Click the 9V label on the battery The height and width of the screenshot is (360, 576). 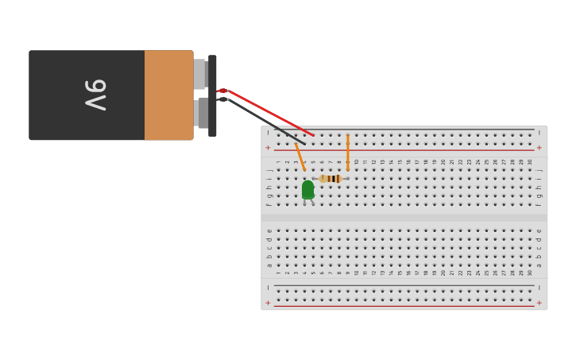(x=95, y=95)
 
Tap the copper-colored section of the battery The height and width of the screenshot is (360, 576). (x=168, y=95)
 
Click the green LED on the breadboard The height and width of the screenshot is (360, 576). (x=307, y=190)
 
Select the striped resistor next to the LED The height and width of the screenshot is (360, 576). (x=331, y=179)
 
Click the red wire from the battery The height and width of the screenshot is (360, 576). (x=270, y=114)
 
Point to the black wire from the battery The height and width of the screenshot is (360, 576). (x=262, y=118)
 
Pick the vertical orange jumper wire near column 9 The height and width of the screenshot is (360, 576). (x=347, y=153)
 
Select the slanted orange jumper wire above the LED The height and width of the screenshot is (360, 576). (x=300, y=157)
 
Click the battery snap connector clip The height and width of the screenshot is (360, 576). (x=212, y=95)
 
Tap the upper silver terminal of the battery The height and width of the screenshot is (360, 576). (x=199, y=74)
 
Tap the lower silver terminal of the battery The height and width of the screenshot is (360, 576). (x=201, y=113)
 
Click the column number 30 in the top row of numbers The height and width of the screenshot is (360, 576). (x=530, y=162)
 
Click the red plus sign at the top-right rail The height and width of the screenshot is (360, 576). (x=539, y=148)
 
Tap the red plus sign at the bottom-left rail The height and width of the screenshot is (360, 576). (x=268, y=303)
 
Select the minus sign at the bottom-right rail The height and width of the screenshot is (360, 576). (x=539, y=288)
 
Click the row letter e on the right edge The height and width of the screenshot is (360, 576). (x=539, y=230)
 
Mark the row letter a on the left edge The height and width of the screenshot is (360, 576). (x=269, y=265)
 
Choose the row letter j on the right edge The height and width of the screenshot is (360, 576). (x=539, y=169)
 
